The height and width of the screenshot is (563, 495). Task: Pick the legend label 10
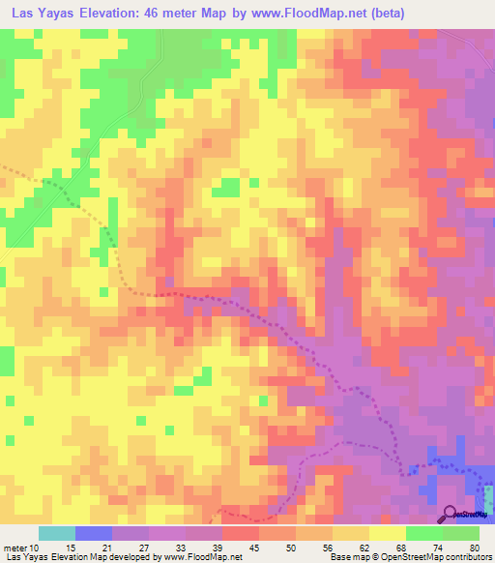coord(36,548)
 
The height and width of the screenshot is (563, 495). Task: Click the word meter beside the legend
coord(15,548)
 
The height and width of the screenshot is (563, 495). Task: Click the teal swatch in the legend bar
coord(57,533)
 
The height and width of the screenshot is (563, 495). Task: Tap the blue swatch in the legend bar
coord(94,533)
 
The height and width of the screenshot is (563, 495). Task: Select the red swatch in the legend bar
coord(241,533)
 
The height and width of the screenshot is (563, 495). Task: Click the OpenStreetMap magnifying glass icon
coord(451,514)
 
